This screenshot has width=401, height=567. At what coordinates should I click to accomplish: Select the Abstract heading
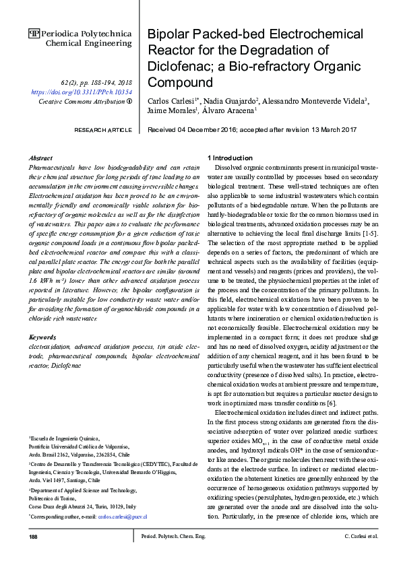[x=42, y=157]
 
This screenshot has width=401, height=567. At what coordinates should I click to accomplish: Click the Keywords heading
[x=44, y=335]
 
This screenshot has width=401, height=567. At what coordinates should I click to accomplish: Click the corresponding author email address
[x=122, y=516]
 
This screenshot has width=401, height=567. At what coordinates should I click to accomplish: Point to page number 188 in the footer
[x=34, y=537]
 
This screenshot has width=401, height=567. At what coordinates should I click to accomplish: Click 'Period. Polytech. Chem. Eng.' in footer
[x=171, y=537]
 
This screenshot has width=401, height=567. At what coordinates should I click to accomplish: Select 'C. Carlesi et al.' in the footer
[x=361, y=537]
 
